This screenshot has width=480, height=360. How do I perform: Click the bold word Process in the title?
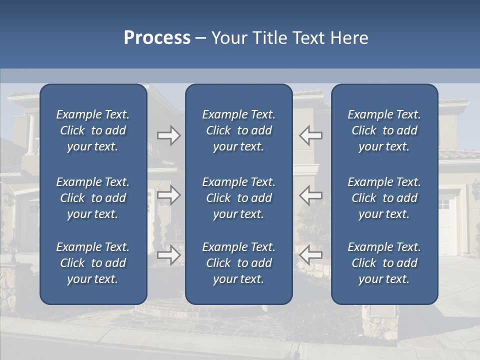[x=157, y=38]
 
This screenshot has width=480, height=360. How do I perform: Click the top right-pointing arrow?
[x=169, y=135]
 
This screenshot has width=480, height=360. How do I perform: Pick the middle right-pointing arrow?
[x=169, y=195]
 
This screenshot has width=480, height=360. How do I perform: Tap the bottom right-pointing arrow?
[x=169, y=255]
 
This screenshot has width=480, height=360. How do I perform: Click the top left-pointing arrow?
[x=310, y=135]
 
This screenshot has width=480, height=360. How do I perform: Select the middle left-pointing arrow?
[x=310, y=195]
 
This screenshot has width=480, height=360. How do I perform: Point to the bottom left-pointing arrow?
[x=310, y=255]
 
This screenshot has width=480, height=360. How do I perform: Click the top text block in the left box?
[x=93, y=130]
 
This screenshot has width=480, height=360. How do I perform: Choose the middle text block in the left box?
[x=93, y=198]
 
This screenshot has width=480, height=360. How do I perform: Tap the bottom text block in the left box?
[x=93, y=263]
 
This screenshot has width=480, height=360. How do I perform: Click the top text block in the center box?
[x=239, y=130]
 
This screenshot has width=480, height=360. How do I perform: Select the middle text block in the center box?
[x=239, y=198]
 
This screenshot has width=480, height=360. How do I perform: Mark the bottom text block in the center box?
[x=239, y=263]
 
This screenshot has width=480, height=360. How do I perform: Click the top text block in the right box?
[x=384, y=130]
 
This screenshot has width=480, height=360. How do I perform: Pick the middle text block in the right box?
[x=384, y=198]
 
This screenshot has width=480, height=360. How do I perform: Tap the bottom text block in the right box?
[x=384, y=263]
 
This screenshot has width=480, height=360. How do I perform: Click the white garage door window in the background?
[x=444, y=204]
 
